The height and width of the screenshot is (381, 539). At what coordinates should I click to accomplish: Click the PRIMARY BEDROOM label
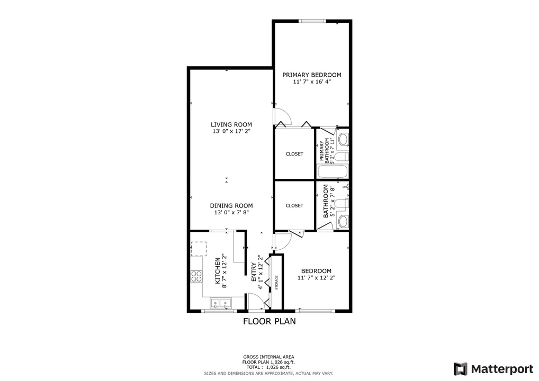click(x=311, y=75)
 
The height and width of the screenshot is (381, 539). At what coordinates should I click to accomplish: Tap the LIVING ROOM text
click(x=231, y=124)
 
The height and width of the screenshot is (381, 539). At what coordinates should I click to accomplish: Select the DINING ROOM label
click(x=231, y=205)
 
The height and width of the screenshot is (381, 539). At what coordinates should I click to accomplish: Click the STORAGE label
click(x=276, y=282)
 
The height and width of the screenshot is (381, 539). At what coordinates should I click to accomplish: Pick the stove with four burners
click(x=196, y=276)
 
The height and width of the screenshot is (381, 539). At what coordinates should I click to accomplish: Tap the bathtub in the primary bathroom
click(x=332, y=172)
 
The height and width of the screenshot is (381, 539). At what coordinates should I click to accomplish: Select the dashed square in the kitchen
click(x=199, y=249)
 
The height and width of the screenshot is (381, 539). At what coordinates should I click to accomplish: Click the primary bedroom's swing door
click(x=280, y=116)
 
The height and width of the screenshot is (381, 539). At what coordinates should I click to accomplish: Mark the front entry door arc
click(x=256, y=305)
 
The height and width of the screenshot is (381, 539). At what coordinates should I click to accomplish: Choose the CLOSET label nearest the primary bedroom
click(x=294, y=154)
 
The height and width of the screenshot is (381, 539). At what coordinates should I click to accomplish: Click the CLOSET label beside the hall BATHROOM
click(x=294, y=205)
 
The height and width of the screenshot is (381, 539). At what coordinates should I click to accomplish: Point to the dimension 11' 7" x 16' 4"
click(x=311, y=82)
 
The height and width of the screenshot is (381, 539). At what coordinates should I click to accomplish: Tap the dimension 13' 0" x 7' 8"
click(x=231, y=213)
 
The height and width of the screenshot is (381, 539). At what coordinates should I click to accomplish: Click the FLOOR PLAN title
click(x=269, y=321)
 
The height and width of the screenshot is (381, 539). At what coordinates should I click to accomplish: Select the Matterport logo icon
click(x=460, y=368)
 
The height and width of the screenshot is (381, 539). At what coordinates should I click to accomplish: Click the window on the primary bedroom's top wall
click(x=312, y=21)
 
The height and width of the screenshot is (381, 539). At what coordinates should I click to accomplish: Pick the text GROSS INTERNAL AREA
click(x=269, y=356)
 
